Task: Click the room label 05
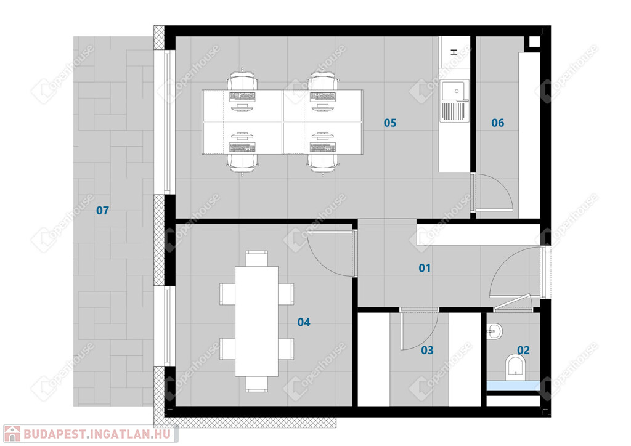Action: coord(390,123)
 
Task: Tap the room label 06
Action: coord(498,123)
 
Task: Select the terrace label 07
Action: coord(103,210)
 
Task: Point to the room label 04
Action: coord(304,322)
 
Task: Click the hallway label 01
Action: coord(425,268)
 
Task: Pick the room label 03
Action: coord(428,351)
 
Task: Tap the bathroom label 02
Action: coord(523,351)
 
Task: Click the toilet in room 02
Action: coord(516,367)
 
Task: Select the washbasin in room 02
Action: coord(495,332)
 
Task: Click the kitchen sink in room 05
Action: coord(454,100)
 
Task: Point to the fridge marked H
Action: coord(454,57)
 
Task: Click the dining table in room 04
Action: coord(257,322)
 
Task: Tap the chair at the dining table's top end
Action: coord(257,259)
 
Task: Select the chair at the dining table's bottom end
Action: coord(257,384)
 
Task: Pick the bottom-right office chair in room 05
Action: coord(323,165)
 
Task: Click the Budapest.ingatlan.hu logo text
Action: coord(97,434)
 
